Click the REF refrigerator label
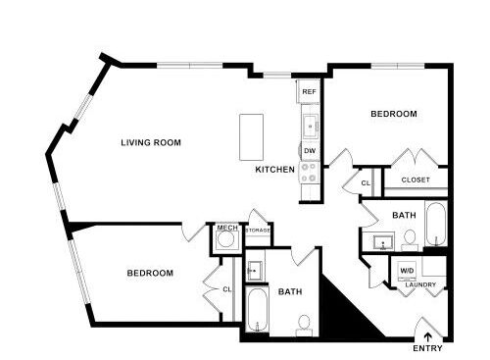309,92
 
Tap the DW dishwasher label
310,151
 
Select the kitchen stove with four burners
310,173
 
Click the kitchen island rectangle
251,137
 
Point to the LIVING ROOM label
151,142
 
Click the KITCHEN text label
274,170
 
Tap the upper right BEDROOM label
394,114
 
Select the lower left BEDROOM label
150,273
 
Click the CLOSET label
416,180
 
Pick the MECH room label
227,228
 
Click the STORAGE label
258,231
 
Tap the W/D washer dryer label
407,271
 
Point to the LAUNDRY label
420,284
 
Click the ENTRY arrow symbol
427,337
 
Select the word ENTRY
427,348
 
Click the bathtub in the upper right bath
436,224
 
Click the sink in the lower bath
255,271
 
